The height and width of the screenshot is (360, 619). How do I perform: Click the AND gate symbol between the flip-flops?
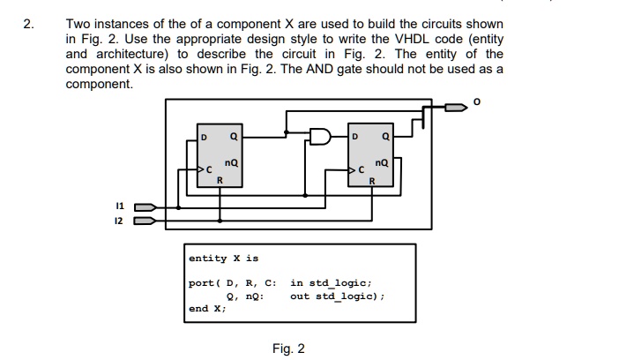click(320, 137)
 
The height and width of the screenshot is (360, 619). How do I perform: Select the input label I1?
click(121, 205)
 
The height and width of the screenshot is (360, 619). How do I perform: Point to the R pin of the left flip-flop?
click(220, 181)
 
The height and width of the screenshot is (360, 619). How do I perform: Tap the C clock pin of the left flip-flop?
click(210, 169)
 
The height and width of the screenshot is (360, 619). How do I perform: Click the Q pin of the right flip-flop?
click(384, 138)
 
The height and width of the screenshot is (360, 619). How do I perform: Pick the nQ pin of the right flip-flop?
click(381, 163)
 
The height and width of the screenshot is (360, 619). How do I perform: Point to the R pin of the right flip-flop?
click(371, 181)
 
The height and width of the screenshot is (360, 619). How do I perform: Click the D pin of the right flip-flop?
click(355, 138)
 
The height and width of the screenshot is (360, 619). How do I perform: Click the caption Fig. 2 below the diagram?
click(289, 349)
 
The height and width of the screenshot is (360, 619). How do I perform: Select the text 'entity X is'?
click(224, 259)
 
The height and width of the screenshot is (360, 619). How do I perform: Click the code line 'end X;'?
click(207, 309)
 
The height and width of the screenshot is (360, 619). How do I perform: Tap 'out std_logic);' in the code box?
click(339, 296)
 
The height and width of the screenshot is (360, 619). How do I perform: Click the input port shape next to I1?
click(145, 207)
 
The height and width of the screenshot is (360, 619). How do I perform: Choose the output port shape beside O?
click(455, 109)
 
